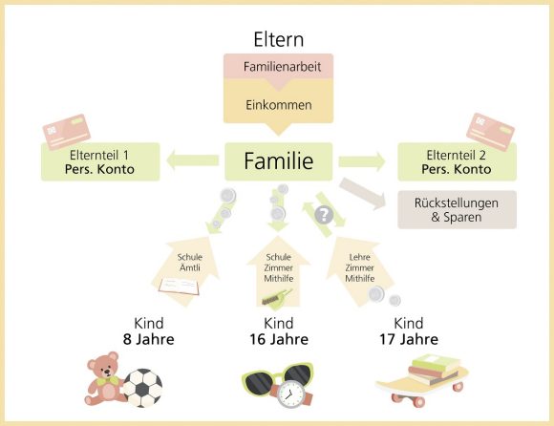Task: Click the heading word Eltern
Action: [277, 39]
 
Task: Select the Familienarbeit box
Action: [277, 68]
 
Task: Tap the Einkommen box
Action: [277, 104]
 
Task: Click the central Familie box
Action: [277, 161]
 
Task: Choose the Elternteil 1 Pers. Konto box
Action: [101, 162]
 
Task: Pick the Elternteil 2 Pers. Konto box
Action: [458, 162]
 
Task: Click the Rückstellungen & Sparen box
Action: [457, 209]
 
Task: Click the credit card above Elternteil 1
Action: [68, 132]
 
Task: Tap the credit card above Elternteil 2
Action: [490, 132]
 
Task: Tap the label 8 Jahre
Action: [147, 339]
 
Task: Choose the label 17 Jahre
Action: [408, 339]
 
